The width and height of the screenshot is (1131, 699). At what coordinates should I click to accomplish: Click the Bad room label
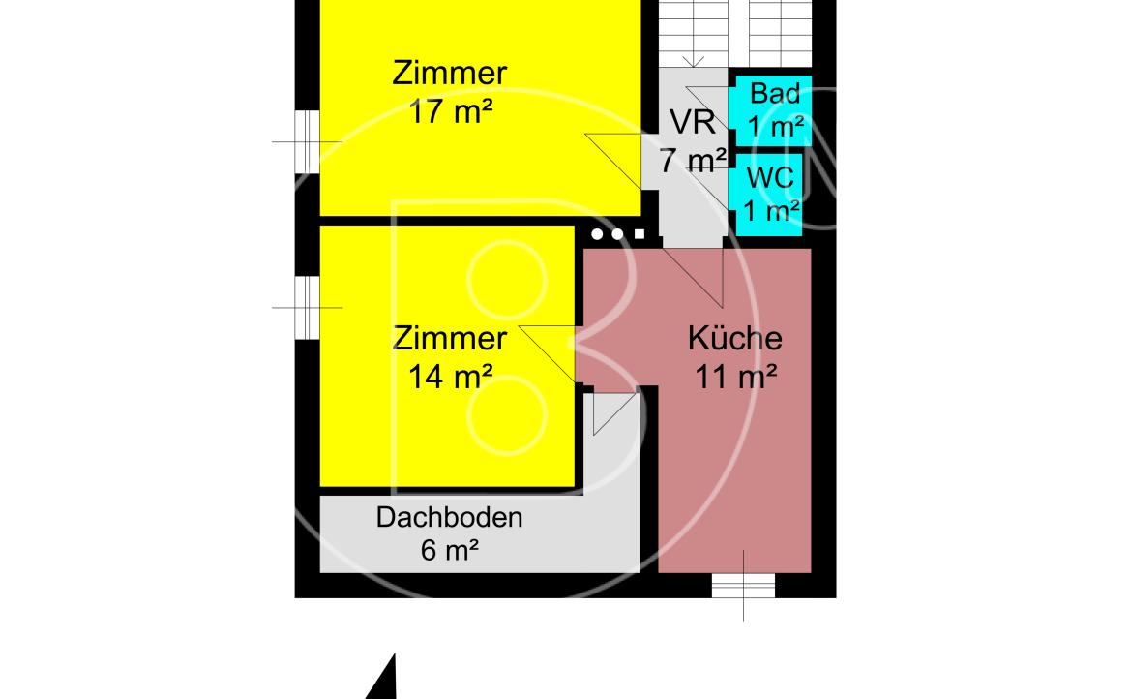[775, 93]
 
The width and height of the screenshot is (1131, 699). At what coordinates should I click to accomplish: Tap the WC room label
[770, 177]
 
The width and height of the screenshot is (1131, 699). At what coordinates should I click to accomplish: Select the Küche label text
[735, 338]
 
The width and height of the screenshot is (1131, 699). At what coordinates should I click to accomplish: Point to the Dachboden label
[449, 518]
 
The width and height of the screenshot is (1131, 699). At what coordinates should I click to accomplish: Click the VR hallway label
[693, 122]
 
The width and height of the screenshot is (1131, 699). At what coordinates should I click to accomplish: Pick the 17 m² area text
[450, 112]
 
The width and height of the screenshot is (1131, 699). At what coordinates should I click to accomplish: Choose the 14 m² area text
[450, 377]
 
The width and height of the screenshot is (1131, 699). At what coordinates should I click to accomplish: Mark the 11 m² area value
[735, 377]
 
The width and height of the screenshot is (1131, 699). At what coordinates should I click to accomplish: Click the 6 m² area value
[449, 550]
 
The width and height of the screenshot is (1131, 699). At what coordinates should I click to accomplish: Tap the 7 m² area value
[693, 161]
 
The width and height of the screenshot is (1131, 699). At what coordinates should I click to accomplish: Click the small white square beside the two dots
[640, 234]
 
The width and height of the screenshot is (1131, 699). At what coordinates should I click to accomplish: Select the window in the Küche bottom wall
[744, 585]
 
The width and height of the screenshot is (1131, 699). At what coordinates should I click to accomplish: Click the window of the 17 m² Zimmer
[308, 141]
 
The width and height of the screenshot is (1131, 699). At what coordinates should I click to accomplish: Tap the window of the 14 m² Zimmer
[308, 308]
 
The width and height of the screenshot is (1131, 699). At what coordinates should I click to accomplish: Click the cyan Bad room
[770, 110]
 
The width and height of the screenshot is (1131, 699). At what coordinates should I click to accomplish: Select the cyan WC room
[767, 195]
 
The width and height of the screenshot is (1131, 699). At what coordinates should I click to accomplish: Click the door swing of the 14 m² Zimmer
[547, 353]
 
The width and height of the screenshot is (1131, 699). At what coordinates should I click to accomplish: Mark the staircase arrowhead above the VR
[693, 63]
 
